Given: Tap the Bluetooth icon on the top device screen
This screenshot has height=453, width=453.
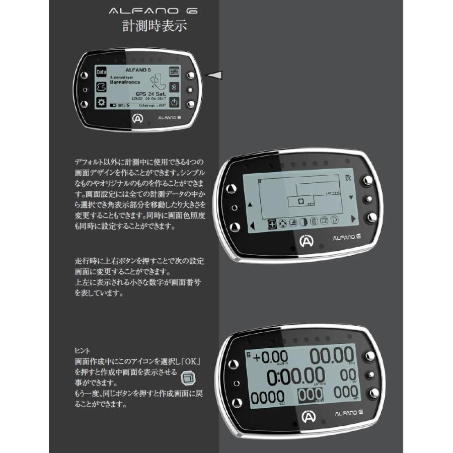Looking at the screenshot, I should point(174,86).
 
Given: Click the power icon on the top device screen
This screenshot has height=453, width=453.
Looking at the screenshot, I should point(174,102).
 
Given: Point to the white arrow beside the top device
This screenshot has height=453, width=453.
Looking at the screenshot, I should point(215,74).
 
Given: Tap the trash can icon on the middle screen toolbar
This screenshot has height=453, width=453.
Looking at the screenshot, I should point(313,222).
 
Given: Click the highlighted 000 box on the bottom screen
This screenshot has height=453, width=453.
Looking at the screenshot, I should point(307,396).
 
